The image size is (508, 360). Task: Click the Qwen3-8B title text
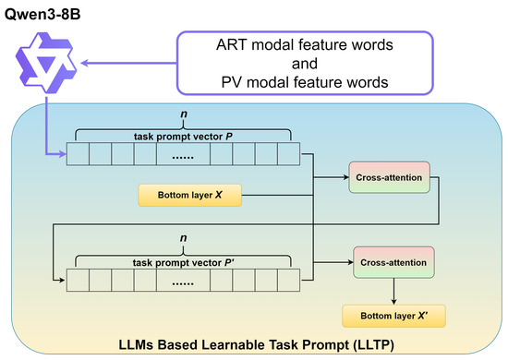coord(42,15)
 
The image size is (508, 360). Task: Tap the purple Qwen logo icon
coord(46,63)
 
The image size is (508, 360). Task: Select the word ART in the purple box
coord(232,44)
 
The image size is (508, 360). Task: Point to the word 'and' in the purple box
coord(305,64)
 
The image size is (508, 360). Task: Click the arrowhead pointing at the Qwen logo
coord(85,63)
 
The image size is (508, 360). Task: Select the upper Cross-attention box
coord(389,177)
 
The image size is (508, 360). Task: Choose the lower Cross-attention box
coord(393,262)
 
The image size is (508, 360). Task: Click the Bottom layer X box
coord(190,195)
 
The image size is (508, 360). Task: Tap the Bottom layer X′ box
coord(393,316)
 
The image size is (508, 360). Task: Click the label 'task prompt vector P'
coord(184,137)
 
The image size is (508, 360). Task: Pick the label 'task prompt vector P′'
coord(184,262)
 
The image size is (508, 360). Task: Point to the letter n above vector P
coord(184,114)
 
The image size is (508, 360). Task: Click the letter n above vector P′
coord(184,238)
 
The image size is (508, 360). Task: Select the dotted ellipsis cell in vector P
coord(183,154)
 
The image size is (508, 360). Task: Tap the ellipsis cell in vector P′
coord(183,280)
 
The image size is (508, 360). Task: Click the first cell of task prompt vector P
coord(78,154)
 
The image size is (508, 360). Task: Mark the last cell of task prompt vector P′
coord(289,280)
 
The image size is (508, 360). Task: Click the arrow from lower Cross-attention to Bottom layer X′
coord(393,292)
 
